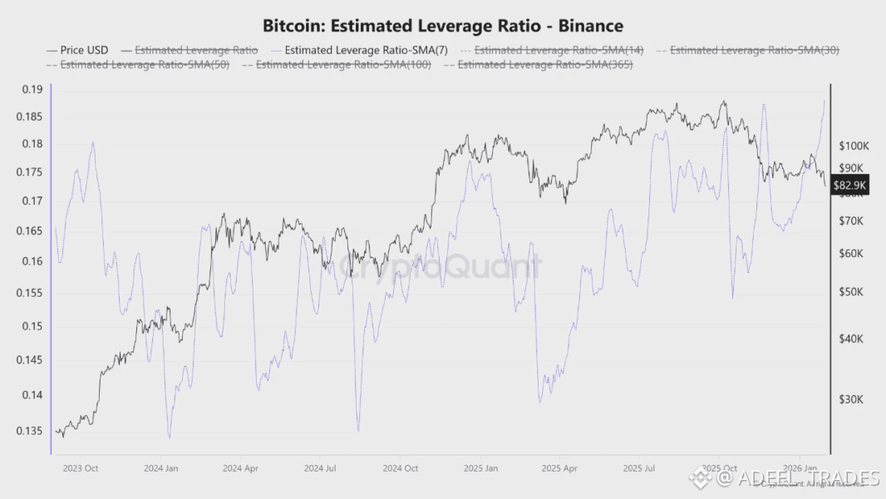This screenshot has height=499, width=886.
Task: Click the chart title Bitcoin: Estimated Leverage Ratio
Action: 442,26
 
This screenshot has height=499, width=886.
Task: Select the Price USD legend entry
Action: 84,50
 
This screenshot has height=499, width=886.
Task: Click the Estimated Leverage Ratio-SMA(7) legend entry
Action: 366,50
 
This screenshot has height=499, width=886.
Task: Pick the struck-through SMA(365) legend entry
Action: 545,64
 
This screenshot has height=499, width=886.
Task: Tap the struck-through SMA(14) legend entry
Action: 559,50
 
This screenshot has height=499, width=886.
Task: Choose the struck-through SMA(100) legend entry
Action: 343,64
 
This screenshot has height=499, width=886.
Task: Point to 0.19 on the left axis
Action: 32,89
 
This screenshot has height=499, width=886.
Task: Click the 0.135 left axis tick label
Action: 29,431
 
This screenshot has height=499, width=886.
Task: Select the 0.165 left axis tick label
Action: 29,230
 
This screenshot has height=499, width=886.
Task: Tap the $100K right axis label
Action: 853,146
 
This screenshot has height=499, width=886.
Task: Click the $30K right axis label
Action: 850,399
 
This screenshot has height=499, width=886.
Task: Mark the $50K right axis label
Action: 850,292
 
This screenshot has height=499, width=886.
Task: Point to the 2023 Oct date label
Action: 81,468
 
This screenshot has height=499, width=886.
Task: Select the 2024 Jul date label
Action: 320,468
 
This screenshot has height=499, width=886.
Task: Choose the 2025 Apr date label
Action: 559,468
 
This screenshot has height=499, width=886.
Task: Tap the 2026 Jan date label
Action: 798,468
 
